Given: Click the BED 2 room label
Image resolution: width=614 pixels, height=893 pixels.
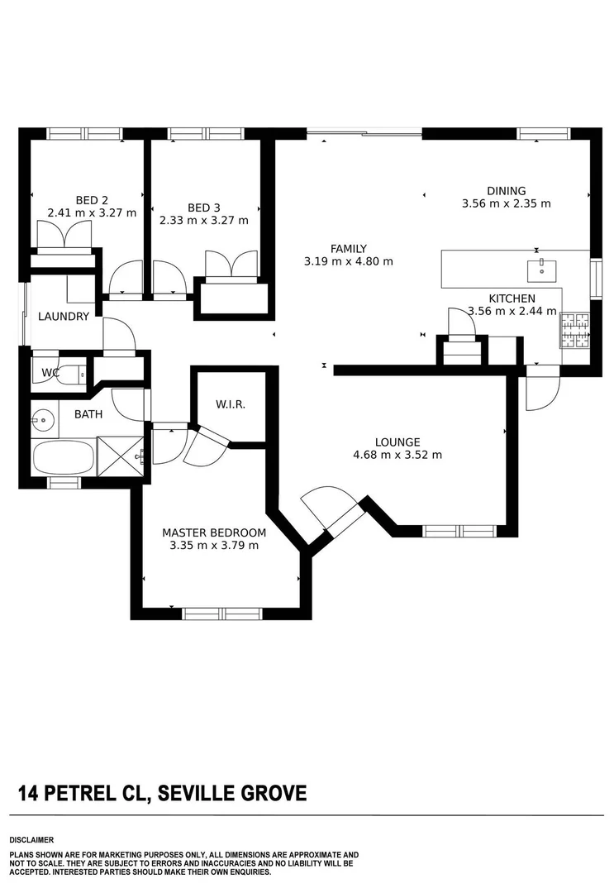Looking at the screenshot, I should (x=92, y=199).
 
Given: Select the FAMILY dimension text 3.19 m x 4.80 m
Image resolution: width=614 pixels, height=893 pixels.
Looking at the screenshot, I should (x=348, y=261).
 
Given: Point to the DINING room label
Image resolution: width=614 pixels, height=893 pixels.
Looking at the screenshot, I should (x=506, y=191).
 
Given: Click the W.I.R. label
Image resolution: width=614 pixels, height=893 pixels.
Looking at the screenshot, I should (x=230, y=405).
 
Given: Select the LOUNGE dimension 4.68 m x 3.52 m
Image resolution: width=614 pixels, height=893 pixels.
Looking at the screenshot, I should (x=397, y=455).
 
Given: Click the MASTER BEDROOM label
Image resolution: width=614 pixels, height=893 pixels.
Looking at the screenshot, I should (x=214, y=532).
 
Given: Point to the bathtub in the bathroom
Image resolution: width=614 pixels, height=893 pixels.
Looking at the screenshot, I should (x=64, y=456).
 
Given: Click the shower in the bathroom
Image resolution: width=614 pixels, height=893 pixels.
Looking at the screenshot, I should (x=121, y=456).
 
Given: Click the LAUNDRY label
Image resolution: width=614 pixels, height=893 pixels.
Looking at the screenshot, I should (x=64, y=316).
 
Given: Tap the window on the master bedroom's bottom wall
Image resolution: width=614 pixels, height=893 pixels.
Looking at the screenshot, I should (x=221, y=614).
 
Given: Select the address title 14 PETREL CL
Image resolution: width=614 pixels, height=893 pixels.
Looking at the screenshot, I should (x=82, y=795).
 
